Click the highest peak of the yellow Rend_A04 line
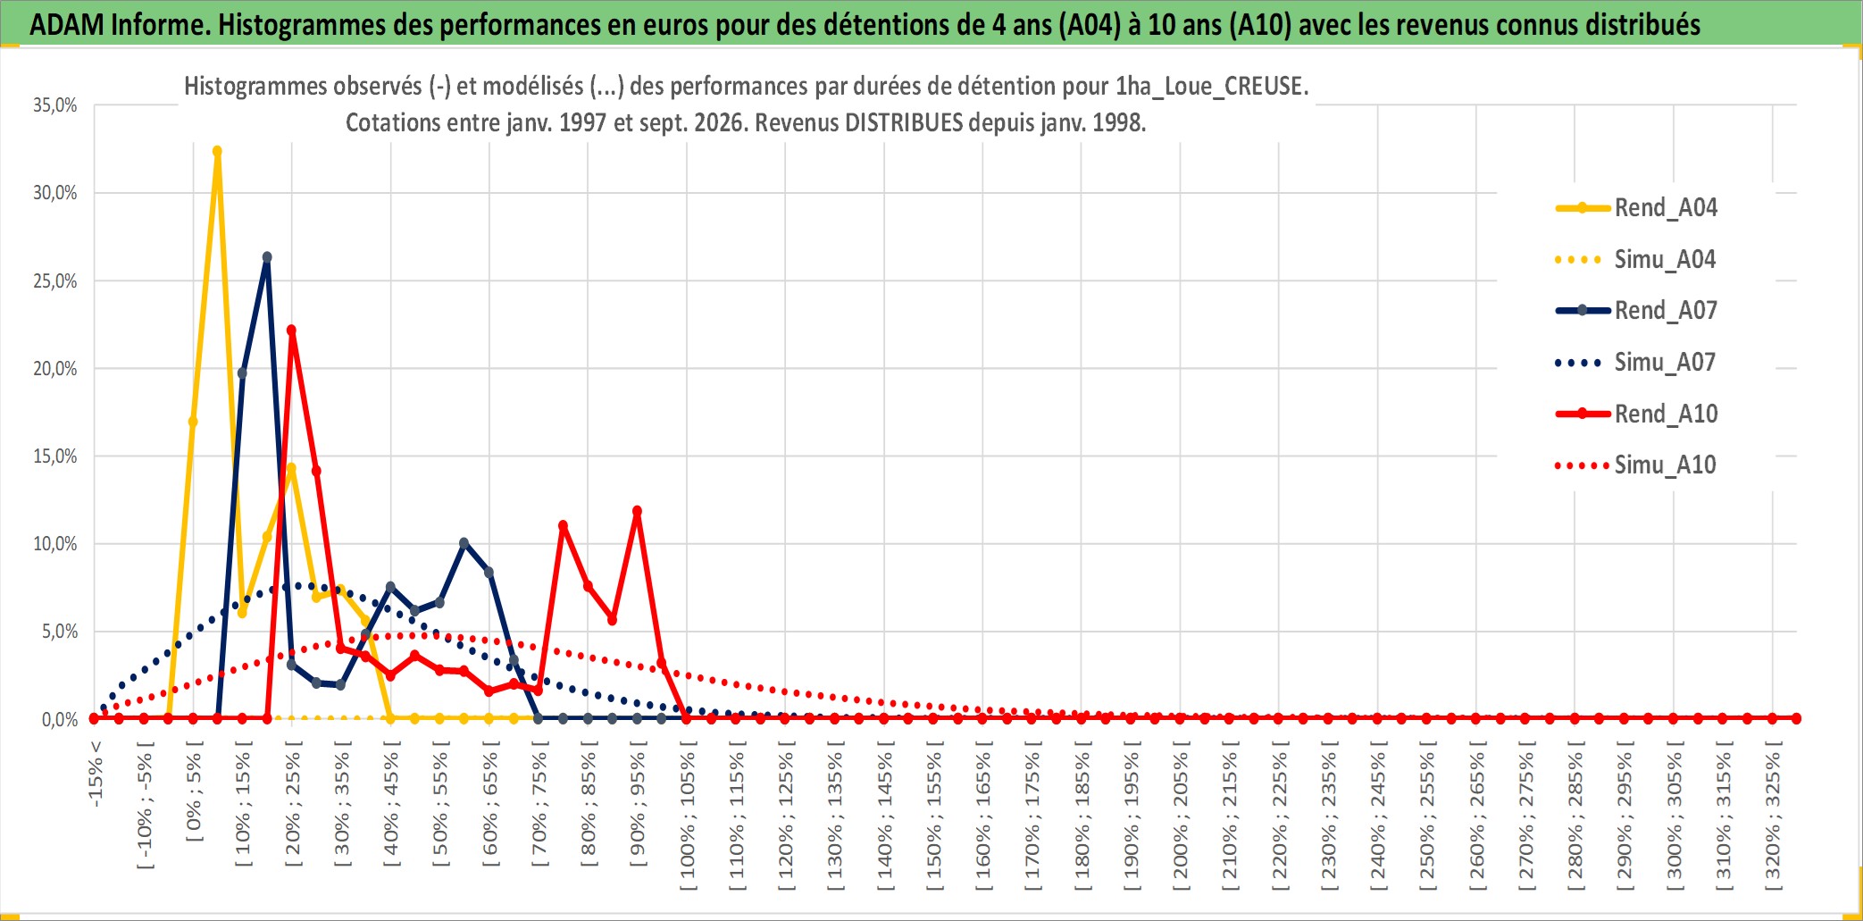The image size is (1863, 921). point(217,152)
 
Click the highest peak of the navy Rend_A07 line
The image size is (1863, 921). point(267,257)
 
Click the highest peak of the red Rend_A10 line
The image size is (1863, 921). point(291,331)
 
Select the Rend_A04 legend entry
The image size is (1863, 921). point(1636,208)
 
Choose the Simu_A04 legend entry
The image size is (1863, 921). point(1636,260)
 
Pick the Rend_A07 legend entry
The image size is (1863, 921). point(1636,311)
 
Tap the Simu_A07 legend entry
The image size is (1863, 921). point(1636,363)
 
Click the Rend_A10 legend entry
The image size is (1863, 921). point(1636,414)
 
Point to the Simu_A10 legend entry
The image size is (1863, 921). point(1636,465)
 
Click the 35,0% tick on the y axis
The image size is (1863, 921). point(55,105)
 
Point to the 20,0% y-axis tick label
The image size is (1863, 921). point(55,369)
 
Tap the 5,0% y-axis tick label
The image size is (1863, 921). point(60,632)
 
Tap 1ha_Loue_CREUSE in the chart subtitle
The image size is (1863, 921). point(1212,87)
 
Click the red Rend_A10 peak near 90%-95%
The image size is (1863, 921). point(637,512)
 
